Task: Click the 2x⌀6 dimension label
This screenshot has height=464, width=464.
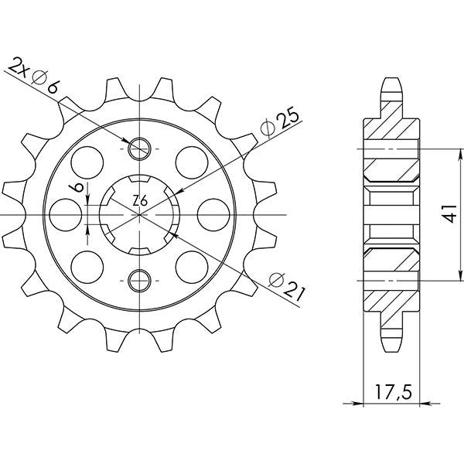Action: (x=33, y=75)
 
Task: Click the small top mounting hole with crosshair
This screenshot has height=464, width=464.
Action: (x=140, y=148)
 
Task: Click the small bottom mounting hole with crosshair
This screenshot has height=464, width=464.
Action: (x=140, y=279)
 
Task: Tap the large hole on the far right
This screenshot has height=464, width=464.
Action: (x=213, y=213)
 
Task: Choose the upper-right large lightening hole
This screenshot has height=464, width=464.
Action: (x=191, y=162)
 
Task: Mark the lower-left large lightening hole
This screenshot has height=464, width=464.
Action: (x=88, y=265)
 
